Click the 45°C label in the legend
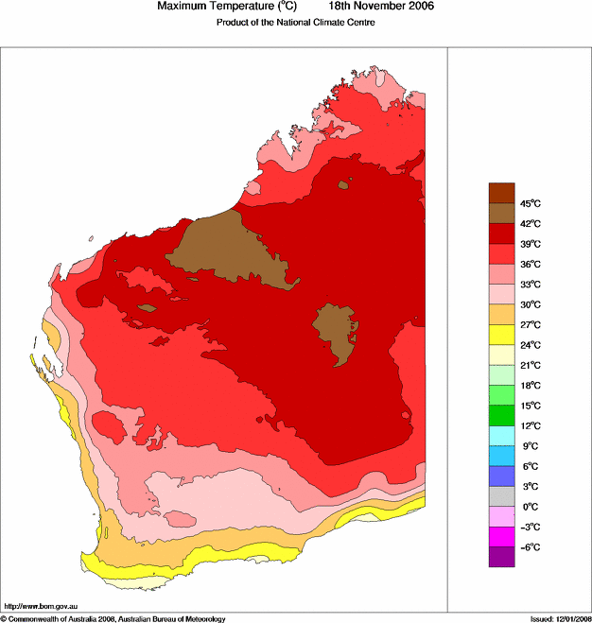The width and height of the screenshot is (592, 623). [x=531, y=203]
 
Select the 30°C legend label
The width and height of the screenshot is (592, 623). [x=531, y=304]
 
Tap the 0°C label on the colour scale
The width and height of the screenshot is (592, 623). [x=530, y=507]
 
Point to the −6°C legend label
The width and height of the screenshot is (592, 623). [x=530, y=547]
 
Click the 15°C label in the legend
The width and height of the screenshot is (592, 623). [x=531, y=406]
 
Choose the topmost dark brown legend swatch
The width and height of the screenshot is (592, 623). [x=501, y=193]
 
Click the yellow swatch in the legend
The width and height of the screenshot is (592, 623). [x=501, y=335]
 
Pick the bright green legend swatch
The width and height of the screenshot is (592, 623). [x=501, y=415]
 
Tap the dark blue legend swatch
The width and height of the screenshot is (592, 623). [x=501, y=476]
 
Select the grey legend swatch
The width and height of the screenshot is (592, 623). [x=501, y=496]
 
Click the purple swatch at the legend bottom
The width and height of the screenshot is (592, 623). [x=501, y=557]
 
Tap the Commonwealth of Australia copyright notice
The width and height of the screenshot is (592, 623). [x=113, y=618]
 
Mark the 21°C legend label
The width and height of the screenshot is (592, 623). [x=531, y=365]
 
